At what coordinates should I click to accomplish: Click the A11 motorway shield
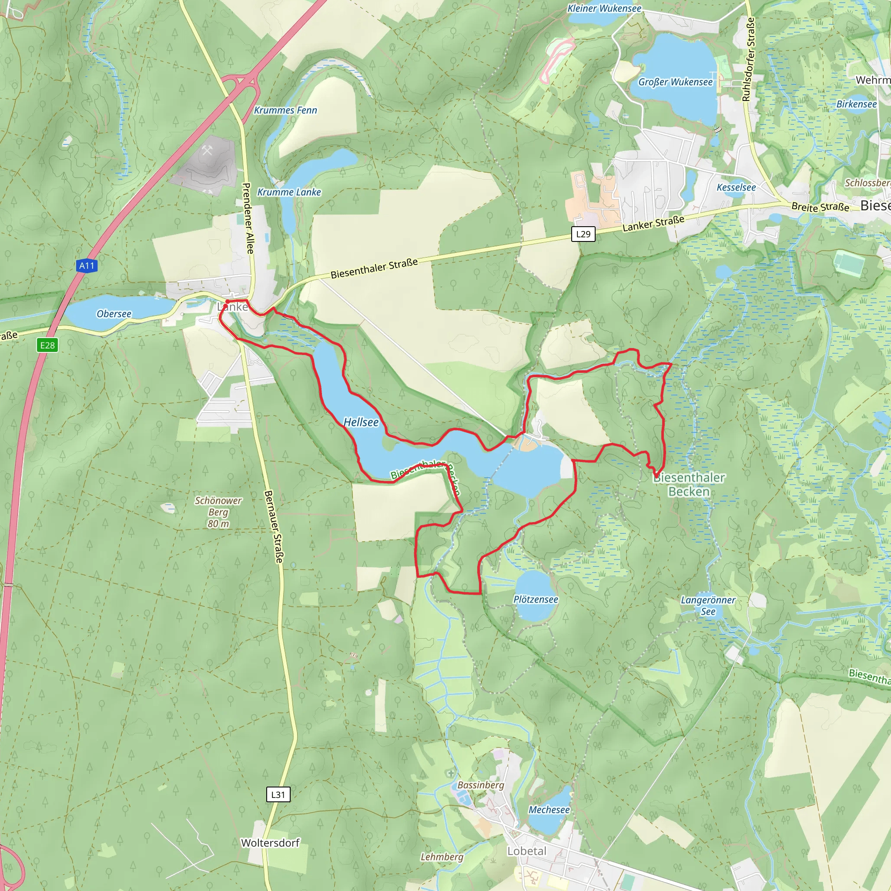[x=87, y=266]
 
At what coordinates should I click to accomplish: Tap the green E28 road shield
[x=47, y=345]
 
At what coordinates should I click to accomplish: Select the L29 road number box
[x=583, y=234]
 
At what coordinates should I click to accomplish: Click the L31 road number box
[x=278, y=794]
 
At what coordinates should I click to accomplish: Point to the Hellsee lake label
[x=361, y=422]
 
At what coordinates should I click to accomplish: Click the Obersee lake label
[x=114, y=314]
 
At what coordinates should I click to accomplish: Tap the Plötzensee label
[x=536, y=600]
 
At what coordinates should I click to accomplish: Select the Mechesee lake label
[x=549, y=810]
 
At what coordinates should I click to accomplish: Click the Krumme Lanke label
[x=289, y=192]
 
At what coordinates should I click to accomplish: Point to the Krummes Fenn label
[x=285, y=110]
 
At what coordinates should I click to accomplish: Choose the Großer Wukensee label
[x=675, y=82]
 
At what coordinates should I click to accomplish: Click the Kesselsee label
[x=736, y=187]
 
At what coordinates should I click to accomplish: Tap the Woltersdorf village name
[x=270, y=843]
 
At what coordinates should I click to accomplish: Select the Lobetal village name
[x=527, y=851]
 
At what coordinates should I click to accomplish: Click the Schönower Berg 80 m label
[x=218, y=512]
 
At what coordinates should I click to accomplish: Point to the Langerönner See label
[x=708, y=606]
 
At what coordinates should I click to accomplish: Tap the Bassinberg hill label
[x=481, y=785]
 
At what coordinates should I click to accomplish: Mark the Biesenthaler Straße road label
[x=374, y=268]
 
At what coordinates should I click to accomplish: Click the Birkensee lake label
[x=856, y=104]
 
